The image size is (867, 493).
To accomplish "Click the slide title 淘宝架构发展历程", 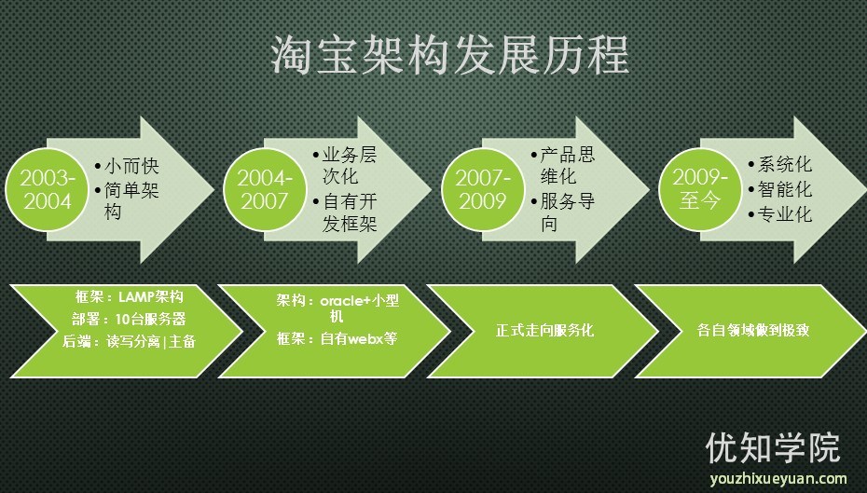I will pyautogui.click(x=449, y=56).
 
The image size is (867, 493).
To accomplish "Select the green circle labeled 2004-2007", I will pyautogui.click(x=266, y=189).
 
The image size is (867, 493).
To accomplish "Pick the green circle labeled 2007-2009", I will pyautogui.click(x=482, y=189).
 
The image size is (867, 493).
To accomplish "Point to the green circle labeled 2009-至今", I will pyautogui.click(x=700, y=189).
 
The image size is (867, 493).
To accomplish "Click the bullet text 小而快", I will pyautogui.click(x=131, y=168).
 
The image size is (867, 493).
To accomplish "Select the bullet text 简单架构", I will pyautogui.click(x=131, y=201).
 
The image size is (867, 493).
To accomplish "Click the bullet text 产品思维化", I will pyautogui.click(x=566, y=165).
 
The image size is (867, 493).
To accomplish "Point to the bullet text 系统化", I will pyautogui.click(x=785, y=165).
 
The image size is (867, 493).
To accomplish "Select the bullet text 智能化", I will pyautogui.click(x=785, y=189).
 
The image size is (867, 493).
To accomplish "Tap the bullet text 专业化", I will pyautogui.click(x=785, y=214).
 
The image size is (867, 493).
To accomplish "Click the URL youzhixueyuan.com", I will pyautogui.click(x=778, y=479).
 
